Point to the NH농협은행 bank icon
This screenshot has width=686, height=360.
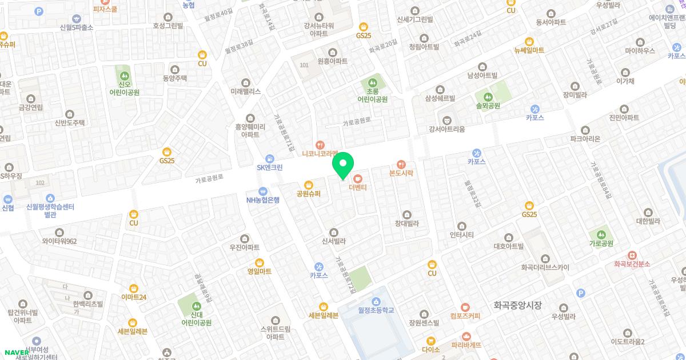263,191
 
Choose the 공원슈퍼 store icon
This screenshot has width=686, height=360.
309,185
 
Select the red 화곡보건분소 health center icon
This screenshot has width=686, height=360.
632,255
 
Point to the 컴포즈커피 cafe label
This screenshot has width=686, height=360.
465,316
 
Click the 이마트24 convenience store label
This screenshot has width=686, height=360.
134,297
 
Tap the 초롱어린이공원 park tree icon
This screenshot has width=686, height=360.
373,82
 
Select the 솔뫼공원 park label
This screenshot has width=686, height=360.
488,106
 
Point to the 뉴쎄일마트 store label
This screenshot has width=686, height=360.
529,50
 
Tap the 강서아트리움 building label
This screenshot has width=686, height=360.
447,129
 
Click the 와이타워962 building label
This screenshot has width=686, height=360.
59,241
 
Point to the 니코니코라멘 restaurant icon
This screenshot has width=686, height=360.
321,145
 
